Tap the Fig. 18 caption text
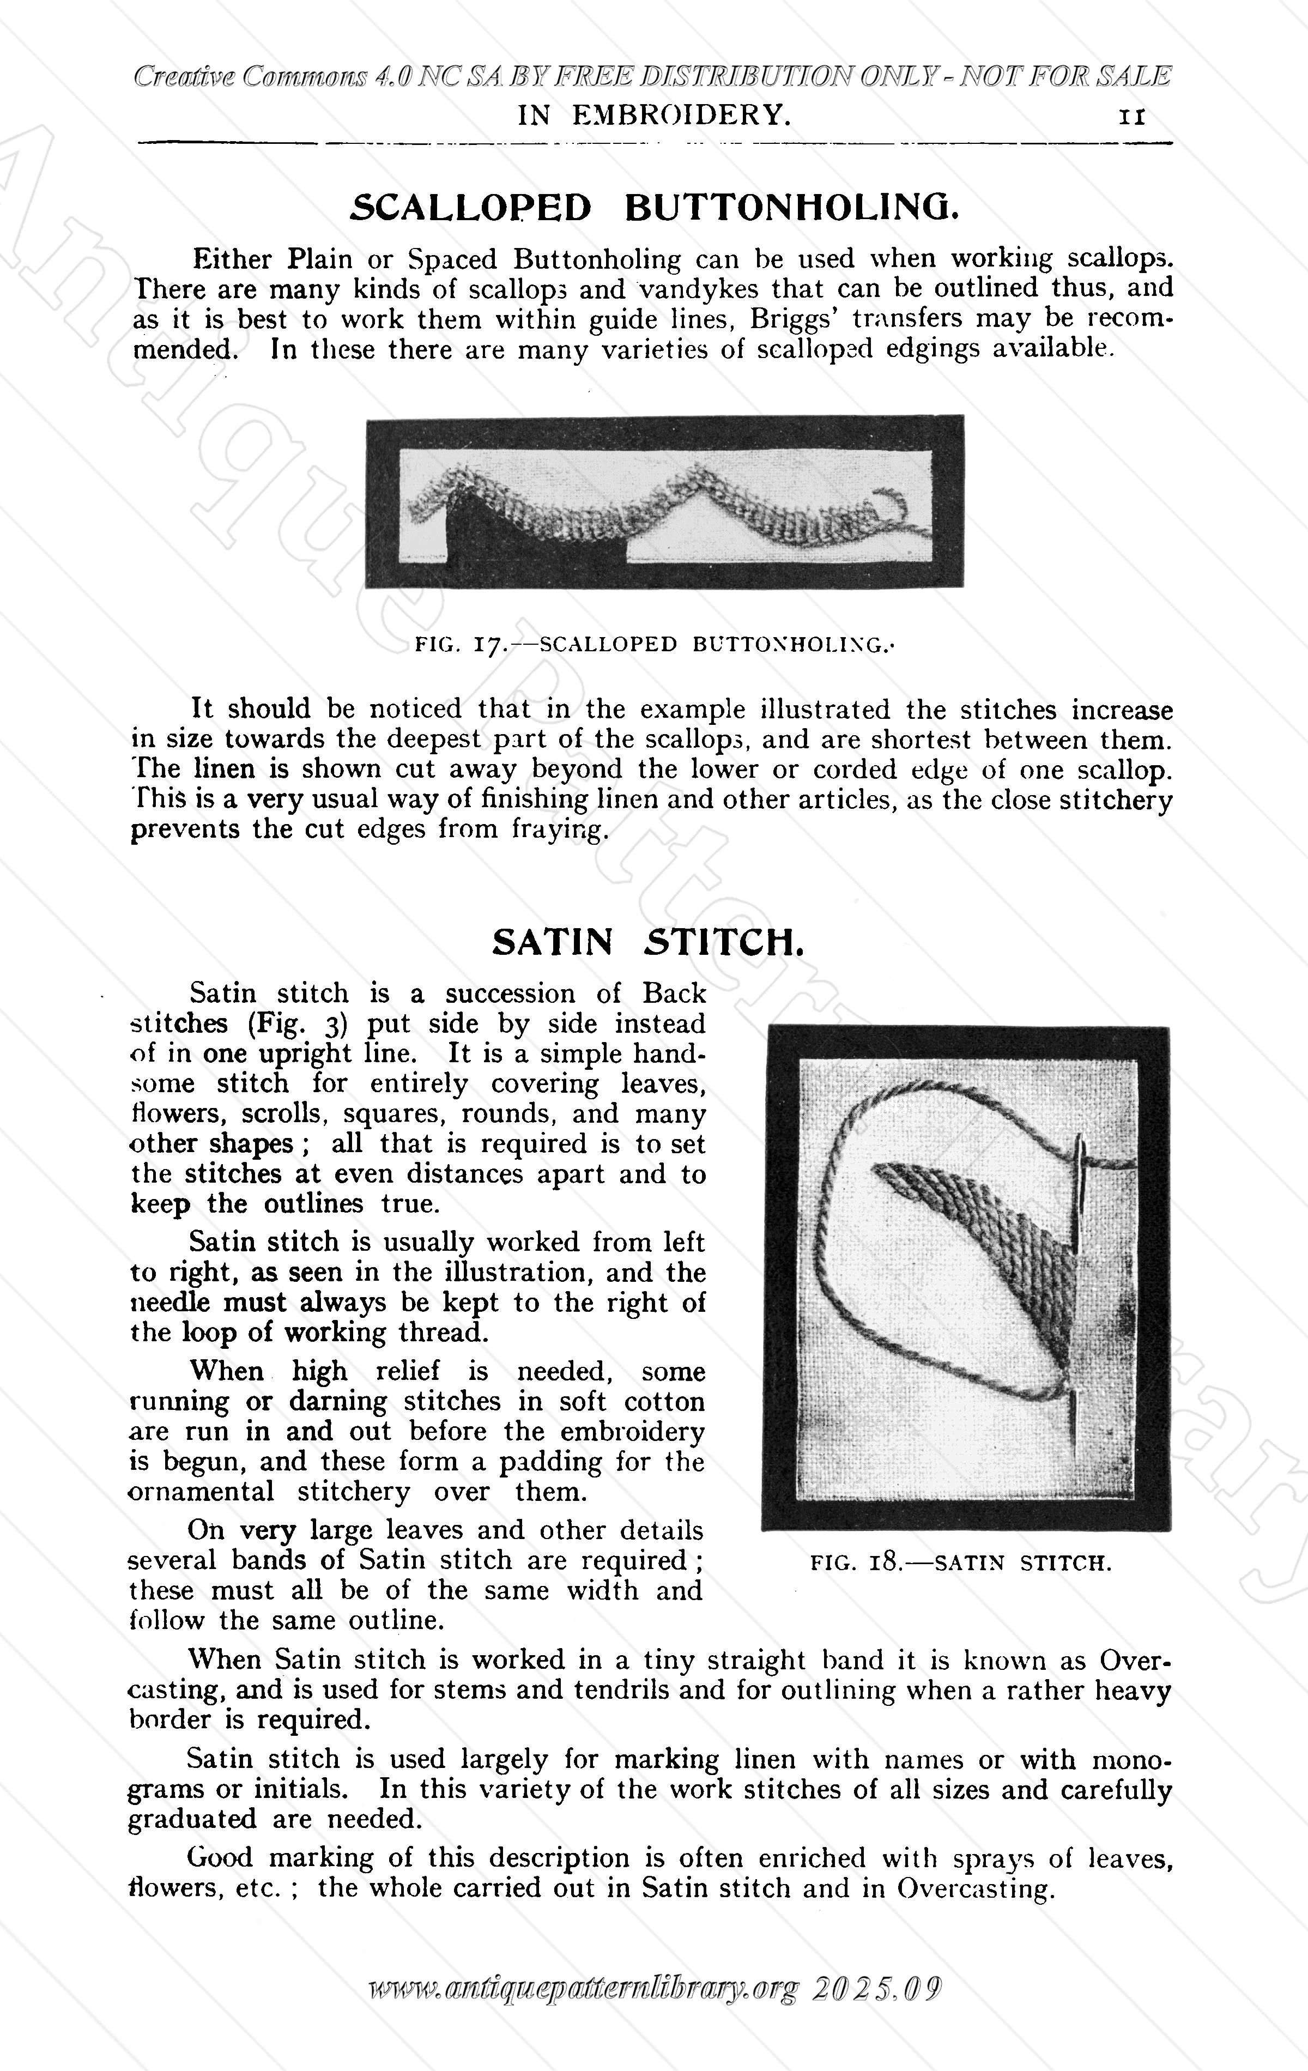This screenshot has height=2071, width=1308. [x=961, y=1563]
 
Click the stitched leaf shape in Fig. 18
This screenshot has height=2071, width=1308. [x=997, y=1238]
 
